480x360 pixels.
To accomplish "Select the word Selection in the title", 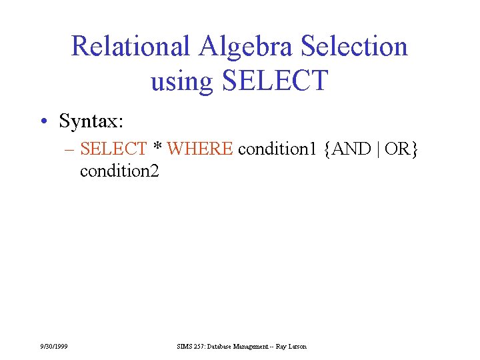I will pos(355,47).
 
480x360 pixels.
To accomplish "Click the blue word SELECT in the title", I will pos(275,81).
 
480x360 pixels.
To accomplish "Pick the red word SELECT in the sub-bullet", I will pos(113,149).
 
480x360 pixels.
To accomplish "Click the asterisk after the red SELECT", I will pos(158,147).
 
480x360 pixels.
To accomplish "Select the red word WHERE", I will pos(200,149).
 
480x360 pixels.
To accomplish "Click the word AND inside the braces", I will pos(351,149).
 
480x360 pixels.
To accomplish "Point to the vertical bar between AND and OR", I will pos(378,150).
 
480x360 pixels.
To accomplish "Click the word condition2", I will pos(119,171).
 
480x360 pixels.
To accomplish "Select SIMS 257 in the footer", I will pos(191,347).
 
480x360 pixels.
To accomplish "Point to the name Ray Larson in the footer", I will pos(293,347).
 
